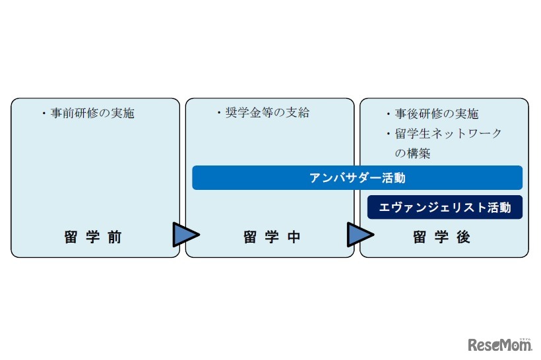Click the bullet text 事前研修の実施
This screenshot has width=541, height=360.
click(x=92, y=113)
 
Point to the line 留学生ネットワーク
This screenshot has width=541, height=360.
click(x=449, y=134)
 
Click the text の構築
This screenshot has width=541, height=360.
click(x=412, y=154)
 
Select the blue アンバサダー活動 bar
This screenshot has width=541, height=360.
click(x=357, y=178)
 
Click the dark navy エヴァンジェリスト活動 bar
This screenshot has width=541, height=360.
click(x=445, y=208)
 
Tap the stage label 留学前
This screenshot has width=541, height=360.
click(x=94, y=237)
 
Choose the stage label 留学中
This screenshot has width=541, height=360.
click(x=272, y=237)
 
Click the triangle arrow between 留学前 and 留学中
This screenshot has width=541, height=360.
click(x=185, y=234)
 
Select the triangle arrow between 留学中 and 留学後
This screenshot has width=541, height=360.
click(x=359, y=234)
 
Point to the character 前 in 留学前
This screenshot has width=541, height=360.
click(x=115, y=237)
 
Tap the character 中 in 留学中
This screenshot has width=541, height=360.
click(x=293, y=237)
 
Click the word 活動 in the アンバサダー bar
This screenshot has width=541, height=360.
click(x=393, y=178)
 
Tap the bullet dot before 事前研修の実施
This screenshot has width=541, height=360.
click(x=44, y=114)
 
